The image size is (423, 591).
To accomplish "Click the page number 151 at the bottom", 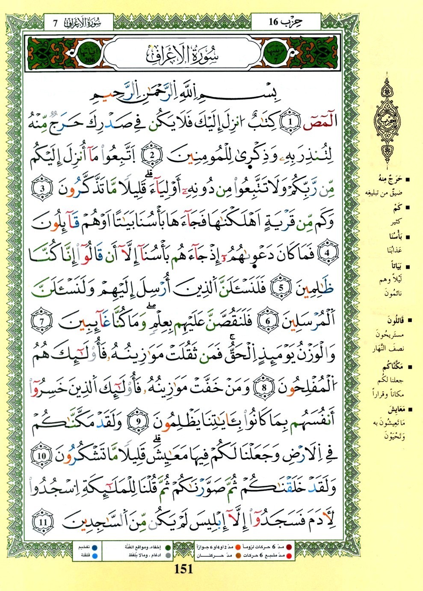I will (x=184, y=569).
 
